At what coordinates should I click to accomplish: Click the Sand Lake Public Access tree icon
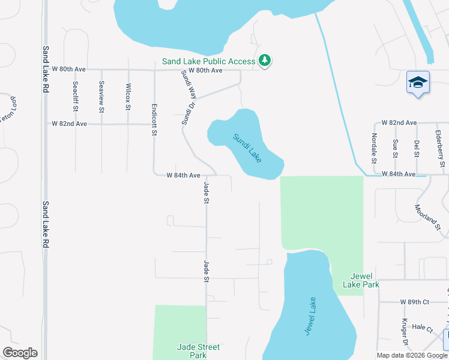click(264, 61)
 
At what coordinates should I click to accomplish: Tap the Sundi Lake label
click(247, 148)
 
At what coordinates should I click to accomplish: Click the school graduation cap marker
click(418, 82)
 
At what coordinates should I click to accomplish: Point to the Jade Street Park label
click(198, 351)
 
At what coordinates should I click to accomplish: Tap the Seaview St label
click(101, 97)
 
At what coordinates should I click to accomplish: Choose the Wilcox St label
click(128, 97)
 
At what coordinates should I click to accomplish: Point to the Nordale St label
click(373, 148)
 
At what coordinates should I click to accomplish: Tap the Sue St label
click(395, 148)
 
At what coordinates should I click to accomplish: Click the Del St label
click(417, 148)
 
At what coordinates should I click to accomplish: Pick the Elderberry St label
click(441, 148)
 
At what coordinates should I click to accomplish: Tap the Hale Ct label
click(423, 328)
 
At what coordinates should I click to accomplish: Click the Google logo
click(20, 353)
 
